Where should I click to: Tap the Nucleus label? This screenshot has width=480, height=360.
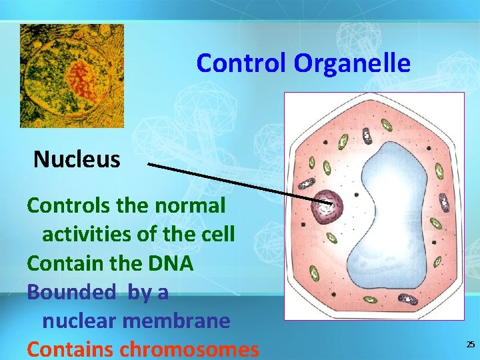coord(77,159)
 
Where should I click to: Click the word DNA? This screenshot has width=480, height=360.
coord(171,263)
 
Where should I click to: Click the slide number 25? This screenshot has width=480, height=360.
coord(470,344)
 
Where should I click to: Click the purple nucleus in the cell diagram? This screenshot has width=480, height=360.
coord(326,207)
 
